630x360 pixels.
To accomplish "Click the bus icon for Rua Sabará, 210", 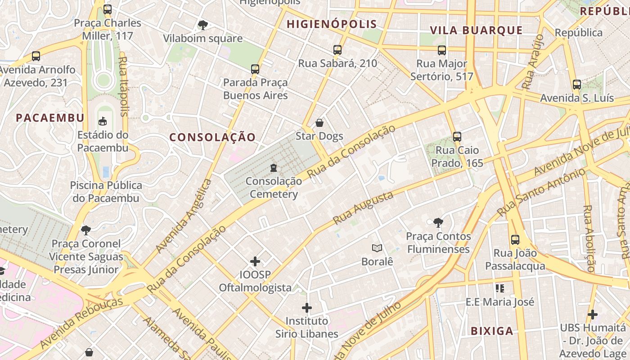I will pyautogui.click(x=337, y=50).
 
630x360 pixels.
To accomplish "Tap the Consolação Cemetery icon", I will pyautogui.click(x=273, y=168).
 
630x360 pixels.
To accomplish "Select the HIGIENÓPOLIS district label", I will pyautogui.click(x=332, y=24).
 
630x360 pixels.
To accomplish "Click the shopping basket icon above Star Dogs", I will pyautogui.click(x=319, y=123).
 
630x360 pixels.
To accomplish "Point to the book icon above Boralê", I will pyautogui.click(x=377, y=248).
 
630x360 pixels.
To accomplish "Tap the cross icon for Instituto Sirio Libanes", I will pyautogui.click(x=307, y=308).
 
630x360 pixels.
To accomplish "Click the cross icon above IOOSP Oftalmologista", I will pyautogui.click(x=255, y=261).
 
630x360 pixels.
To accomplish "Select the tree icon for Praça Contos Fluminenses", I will pyautogui.click(x=438, y=222).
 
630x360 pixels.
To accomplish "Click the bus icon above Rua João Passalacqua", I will pyautogui.click(x=515, y=240).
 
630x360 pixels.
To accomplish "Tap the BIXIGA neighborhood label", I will pyautogui.click(x=492, y=331).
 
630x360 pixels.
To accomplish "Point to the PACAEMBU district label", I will pyautogui.click(x=50, y=118).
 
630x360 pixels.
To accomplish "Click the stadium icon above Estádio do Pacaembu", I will pyautogui.click(x=103, y=121).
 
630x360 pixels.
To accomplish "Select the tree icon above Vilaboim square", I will pyautogui.click(x=203, y=25).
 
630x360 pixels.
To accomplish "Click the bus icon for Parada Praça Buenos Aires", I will pyautogui.click(x=255, y=69).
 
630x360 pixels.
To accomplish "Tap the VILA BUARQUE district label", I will pyautogui.click(x=476, y=31).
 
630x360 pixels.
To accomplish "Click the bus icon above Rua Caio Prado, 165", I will pyautogui.click(x=457, y=137).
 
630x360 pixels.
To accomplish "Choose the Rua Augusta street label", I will pyautogui.click(x=363, y=208).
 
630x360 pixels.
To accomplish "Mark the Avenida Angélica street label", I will pyautogui.click(x=184, y=216).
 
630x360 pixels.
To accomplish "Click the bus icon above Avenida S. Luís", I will pyautogui.click(x=577, y=85).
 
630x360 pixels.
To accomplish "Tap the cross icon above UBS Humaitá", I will pyautogui.click(x=593, y=315).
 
